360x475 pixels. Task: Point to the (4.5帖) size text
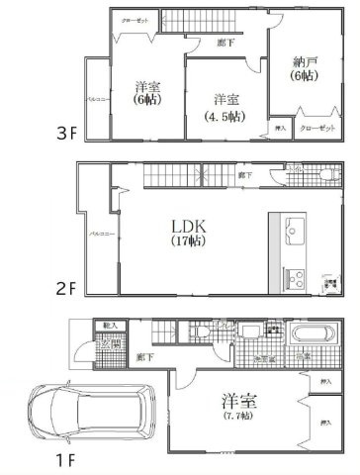pyautogui.click(x=225, y=116)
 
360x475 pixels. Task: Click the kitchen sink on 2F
pyautogui.click(x=295, y=235)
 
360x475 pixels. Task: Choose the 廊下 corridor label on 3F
pyautogui.click(x=226, y=44)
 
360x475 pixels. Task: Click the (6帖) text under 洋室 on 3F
pyautogui.click(x=148, y=102)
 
